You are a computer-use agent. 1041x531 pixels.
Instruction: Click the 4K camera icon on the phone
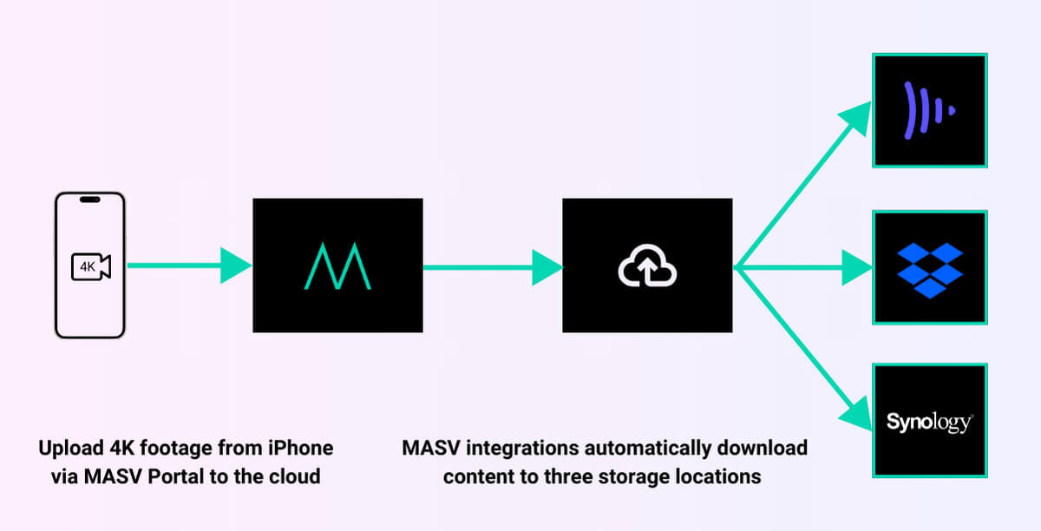pos(90,267)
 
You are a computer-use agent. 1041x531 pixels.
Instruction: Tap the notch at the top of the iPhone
pos(90,200)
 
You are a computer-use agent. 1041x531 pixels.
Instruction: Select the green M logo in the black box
pos(337,265)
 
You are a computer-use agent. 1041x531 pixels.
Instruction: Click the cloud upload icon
pos(647,266)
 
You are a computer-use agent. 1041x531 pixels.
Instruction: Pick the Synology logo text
pos(930,423)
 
